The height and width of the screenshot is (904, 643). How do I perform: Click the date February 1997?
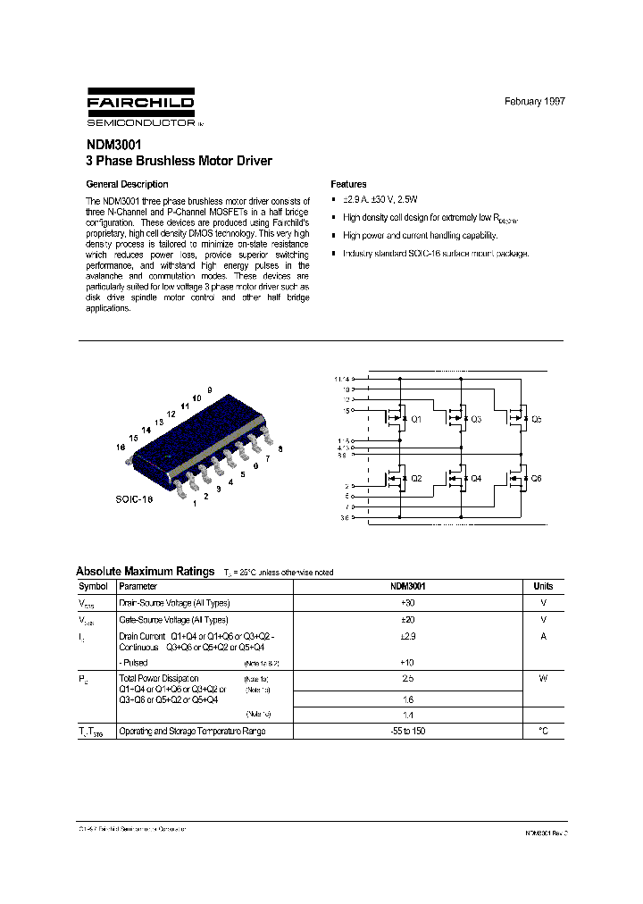tap(534, 102)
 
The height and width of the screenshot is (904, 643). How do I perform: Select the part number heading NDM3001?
tap(113, 145)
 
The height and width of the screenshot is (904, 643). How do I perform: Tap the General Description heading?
tap(126, 184)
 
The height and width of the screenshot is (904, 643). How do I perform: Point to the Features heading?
tap(348, 184)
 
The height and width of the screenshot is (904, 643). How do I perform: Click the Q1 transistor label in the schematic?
tap(416, 419)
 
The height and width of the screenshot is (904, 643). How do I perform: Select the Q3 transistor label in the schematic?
tap(475, 419)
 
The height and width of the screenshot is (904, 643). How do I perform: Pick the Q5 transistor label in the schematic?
tap(536, 419)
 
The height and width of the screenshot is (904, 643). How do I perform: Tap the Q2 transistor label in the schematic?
tap(416, 479)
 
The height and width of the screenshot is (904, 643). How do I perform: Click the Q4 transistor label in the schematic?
tap(475, 479)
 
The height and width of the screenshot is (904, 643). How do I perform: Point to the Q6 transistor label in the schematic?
tap(536, 479)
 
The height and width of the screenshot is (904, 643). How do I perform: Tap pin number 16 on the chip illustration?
tap(120, 448)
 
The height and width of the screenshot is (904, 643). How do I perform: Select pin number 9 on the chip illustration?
tap(209, 391)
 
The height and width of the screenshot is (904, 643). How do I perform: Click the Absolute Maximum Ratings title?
tap(145, 572)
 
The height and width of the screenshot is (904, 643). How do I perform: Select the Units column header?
tap(543, 587)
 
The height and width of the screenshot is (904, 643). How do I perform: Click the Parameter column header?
tap(138, 587)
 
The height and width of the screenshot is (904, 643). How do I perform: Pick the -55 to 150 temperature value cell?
tap(407, 731)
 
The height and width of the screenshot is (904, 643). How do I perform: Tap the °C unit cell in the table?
tap(543, 731)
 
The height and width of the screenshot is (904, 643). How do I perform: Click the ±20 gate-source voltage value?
tap(407, 619)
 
